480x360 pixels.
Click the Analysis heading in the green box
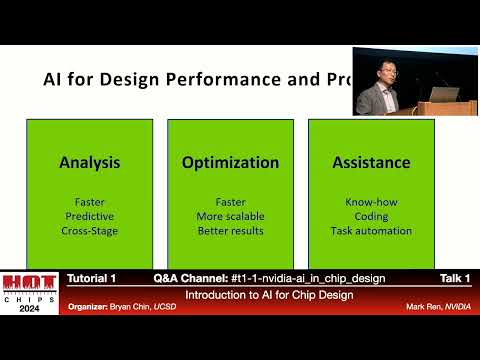[x=89, y=162]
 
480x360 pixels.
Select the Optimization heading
[x=230, y=162]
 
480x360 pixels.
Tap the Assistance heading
[x=371, y=162]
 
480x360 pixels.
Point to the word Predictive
[x=89, y=216]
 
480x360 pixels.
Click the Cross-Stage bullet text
[x=89, y=231]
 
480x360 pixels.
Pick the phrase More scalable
[x=230, y=216]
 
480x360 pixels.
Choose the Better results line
[x=230, y=231]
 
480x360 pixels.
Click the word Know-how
[x=371, y=201]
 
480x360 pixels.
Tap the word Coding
[x=371, y=216]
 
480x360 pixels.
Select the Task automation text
[x=371, y=231]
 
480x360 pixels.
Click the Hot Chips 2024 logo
[x=30, y=293]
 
